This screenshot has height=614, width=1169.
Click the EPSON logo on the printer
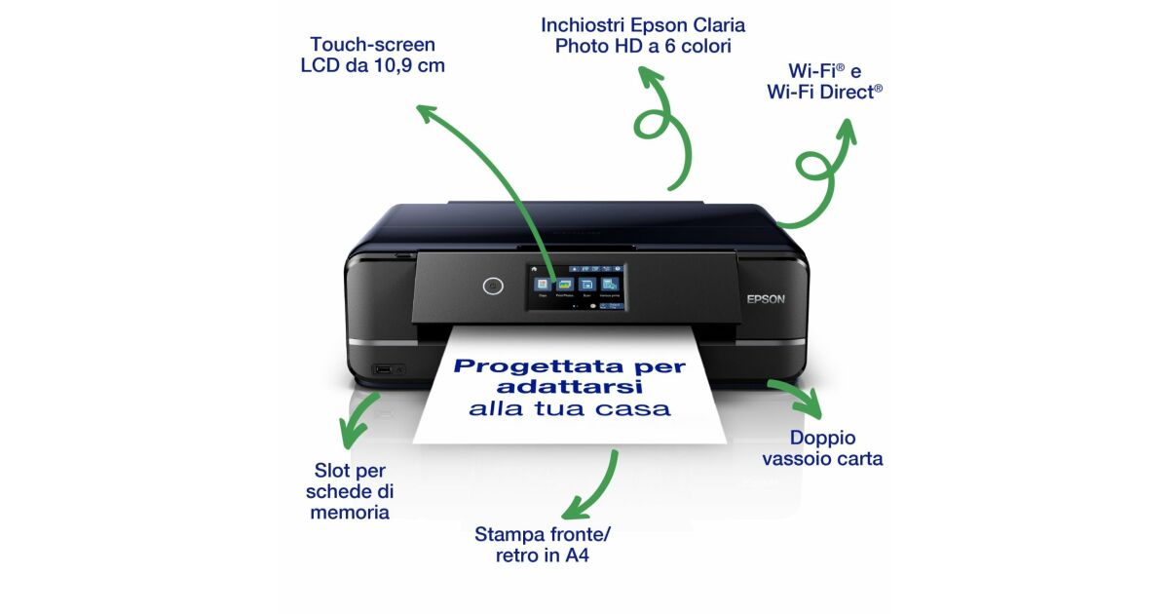(766, 299)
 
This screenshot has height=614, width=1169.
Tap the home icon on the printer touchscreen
(534, 269)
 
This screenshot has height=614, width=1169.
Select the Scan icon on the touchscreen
(587, 285)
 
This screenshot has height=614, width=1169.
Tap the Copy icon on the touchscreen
(543, 285)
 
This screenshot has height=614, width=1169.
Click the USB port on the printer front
(383, 369)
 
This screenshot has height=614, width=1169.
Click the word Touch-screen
(372, 45)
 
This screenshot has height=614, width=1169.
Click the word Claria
(719, 25)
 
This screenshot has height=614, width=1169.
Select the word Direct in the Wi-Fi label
(848, 92)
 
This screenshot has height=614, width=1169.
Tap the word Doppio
(822, 439)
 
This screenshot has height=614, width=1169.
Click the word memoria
(350, 513)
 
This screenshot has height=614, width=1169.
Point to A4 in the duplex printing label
(577, 555)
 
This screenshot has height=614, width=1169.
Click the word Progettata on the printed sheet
(539, 367)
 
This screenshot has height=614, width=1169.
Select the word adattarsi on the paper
(569, 387)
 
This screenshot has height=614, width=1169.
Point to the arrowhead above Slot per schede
(351, 434)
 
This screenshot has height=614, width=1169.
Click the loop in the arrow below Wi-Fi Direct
(813, 166)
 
